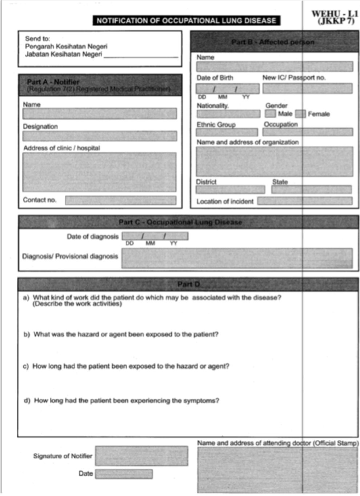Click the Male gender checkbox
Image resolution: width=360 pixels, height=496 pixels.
coord(270,114)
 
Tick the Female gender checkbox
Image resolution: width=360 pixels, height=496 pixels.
coord(300,114)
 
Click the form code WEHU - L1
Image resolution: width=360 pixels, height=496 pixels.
coord(335,14)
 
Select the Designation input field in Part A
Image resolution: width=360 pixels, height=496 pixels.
coord(100,136)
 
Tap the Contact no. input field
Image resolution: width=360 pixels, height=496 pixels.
coord(120,200)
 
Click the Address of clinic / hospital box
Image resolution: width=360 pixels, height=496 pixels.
coord(99,172)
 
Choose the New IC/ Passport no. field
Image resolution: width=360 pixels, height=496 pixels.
coord(307,88)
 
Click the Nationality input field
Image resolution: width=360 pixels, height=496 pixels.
coord(228,114)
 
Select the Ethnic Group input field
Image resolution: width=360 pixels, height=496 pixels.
coord(227,132)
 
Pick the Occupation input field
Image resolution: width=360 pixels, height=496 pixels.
coord(307,132)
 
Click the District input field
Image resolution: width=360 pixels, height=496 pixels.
coord(230,189)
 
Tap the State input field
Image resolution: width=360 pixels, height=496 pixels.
coord(311,189)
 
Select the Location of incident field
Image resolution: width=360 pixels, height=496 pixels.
coord(305,201)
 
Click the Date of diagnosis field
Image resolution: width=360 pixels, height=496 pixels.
coord(155,236)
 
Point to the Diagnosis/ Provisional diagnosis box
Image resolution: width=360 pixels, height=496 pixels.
coord(237,258)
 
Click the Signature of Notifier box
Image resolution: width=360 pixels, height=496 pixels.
coord(141,456)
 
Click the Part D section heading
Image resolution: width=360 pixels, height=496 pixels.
coord(188,284)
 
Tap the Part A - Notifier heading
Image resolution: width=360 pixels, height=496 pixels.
coord(53,82)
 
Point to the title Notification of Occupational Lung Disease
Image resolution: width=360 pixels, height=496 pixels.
coord(186,21)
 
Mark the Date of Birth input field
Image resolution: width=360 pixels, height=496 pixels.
coord(228,89)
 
